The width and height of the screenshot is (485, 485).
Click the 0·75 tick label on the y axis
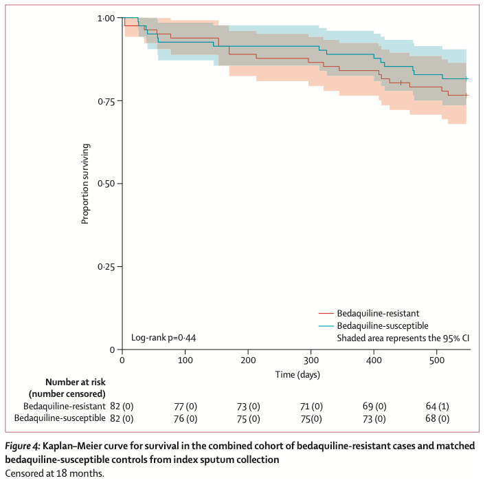pyautogui.click(x=104, y=101)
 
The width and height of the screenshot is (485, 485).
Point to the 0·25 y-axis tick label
pyautogui.click(x=104, y=267)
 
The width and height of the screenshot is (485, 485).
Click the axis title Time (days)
pyautogui.click(x=297, y=375)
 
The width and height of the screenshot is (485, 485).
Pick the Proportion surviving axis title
pyautogui.click(x=86, y=184)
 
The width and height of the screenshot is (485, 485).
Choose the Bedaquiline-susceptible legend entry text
pyautogui.click(x=386, y=325)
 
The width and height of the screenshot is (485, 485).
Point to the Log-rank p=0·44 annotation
pyautogui.click(x=163, y=338)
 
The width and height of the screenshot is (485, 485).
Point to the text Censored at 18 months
pyautogui.click(x=54, y=473)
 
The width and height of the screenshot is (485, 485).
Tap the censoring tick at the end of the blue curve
pyautogui.click(x=466, y=78)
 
